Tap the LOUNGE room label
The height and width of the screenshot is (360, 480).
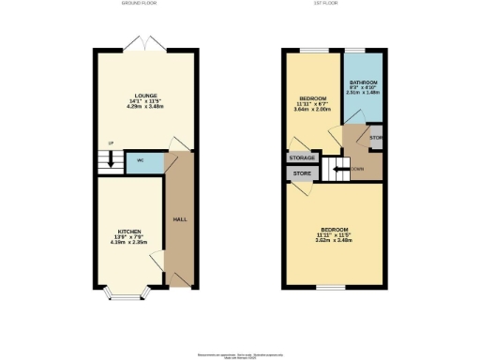144,96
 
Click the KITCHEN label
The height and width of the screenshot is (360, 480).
129,231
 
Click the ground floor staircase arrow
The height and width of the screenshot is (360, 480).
111,159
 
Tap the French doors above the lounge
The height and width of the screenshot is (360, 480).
145,43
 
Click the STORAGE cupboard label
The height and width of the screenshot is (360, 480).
301,158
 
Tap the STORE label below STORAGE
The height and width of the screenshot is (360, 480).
302,174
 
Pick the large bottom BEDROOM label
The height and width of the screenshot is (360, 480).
333,231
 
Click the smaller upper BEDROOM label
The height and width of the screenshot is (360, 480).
311,98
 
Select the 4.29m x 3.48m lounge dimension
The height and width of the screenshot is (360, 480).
144,109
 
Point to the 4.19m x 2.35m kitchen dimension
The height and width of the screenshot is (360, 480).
129,244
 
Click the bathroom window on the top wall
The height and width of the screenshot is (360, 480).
356,50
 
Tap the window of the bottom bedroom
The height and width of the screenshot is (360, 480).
325,288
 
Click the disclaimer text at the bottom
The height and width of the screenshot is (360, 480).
240,353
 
